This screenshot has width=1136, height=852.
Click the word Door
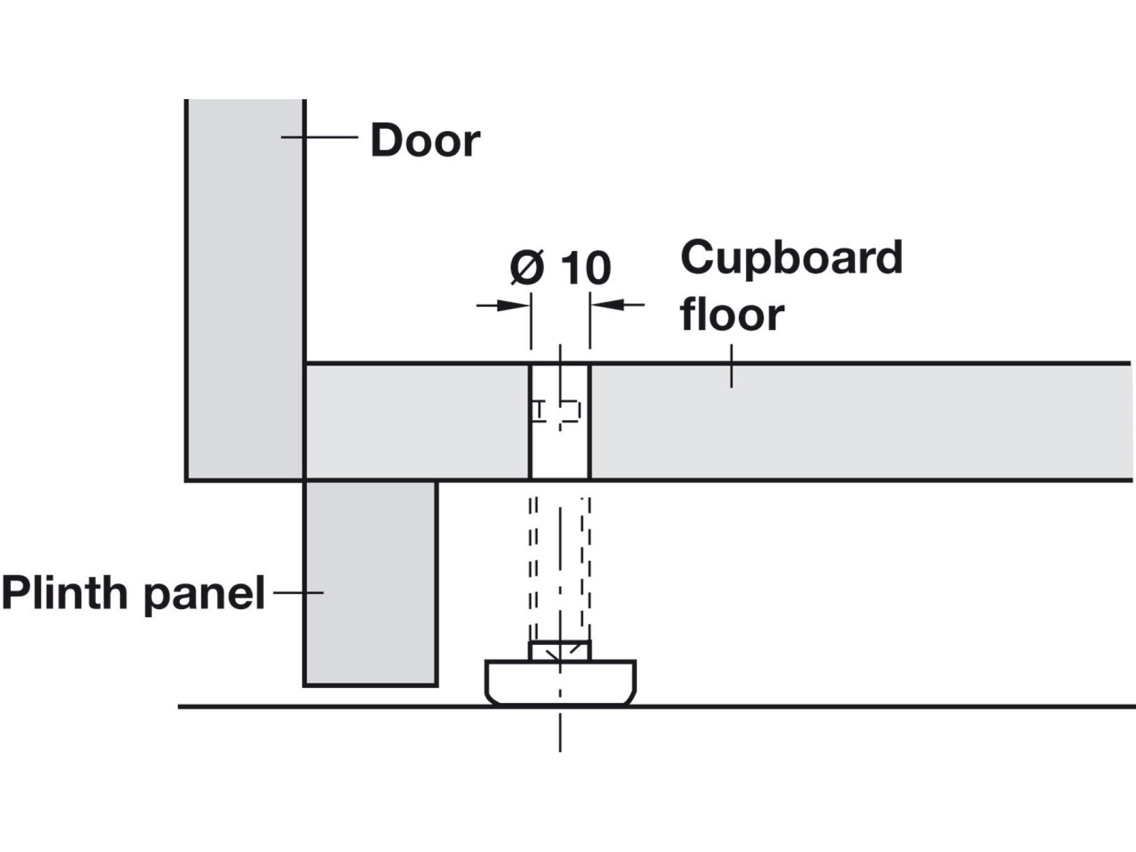pos(425,140)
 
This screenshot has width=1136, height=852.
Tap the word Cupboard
pos(791,257)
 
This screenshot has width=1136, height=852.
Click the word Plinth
pos(64,593)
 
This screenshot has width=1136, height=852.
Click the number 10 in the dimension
pos(586,268)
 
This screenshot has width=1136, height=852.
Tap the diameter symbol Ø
pos(527,268)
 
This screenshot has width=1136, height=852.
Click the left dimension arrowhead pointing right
pos(512,305)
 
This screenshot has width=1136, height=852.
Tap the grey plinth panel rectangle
pos(370,584)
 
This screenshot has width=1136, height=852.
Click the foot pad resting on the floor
pos(560,683)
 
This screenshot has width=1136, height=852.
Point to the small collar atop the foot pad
pos(560,651)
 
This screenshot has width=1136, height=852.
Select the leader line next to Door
pos(319,137)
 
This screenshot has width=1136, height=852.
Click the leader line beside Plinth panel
pos(298,593)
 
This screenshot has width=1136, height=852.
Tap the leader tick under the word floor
pos(731,366)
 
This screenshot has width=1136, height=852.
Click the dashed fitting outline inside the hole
pos(555,411)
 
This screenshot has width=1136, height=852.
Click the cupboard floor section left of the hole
pos(417,422)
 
